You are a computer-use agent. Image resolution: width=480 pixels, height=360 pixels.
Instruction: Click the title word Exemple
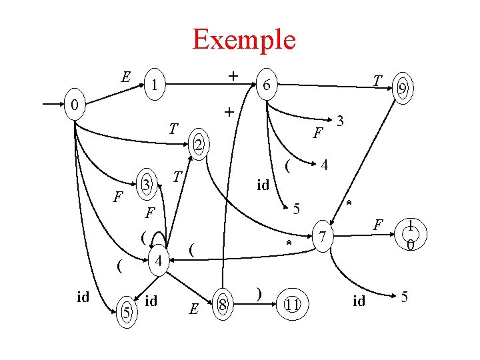point(243,39)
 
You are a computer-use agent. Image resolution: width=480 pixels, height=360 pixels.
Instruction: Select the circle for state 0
point(77,105)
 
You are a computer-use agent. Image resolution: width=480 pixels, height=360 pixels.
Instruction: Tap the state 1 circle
point(154,85)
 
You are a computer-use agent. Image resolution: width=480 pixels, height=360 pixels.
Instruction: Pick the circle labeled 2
point(197,144)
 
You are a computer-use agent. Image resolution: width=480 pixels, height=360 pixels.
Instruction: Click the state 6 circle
point(265,86)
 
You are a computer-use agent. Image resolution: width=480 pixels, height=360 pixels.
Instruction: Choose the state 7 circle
point(323,237)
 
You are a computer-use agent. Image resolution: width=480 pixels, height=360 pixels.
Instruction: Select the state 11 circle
point(291,305)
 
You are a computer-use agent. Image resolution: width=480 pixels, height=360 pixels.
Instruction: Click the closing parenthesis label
point(258,294)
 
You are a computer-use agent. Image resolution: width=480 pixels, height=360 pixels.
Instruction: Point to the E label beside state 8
point(193,309)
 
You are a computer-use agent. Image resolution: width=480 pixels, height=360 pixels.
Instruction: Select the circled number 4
point(159,261)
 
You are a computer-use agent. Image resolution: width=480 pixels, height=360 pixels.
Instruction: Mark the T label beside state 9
point(377,81)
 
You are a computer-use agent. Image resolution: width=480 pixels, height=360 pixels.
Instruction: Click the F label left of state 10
point(377,225)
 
